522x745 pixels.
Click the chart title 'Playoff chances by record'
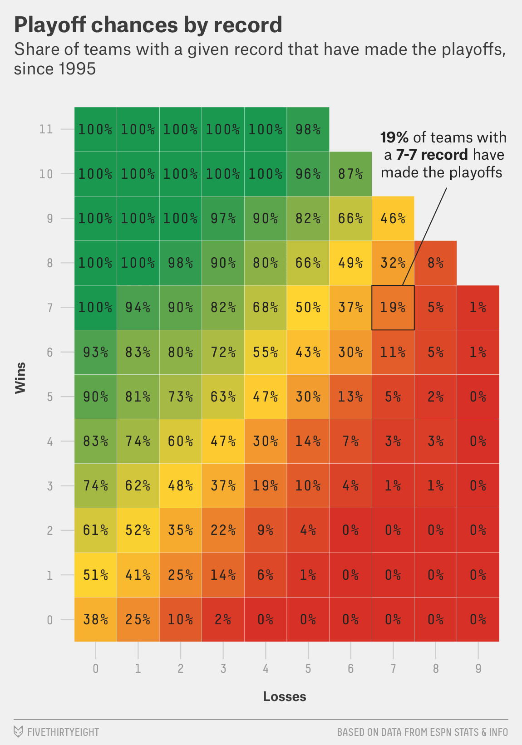click(x=148, y=25)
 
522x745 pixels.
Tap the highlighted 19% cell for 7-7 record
click(x=393, y=308)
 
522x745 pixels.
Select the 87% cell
click(x=350, y=174)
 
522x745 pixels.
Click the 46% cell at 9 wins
click(x=393, y=218)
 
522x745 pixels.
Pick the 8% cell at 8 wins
click(x=435, y=263)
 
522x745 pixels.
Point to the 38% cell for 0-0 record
click(x=95, y=619)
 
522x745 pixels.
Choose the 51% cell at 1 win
click(x=95, y=575)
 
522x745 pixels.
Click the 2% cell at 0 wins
click(x=223, y=619)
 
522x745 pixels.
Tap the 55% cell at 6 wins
click(x=266, y=352)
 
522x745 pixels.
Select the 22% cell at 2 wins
click(x=223, y=530)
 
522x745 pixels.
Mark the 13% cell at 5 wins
click(x=350, y=397)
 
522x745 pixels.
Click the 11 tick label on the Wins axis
click(x=46, y=129)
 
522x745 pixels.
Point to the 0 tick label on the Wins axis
click(x=49, y=620)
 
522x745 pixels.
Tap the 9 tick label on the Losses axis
click(x=478, y=669)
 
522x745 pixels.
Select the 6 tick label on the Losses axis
click(x=350, y=669)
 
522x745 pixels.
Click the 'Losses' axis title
click(x=285, y=696)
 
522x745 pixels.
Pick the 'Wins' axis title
click(x=20, y=377)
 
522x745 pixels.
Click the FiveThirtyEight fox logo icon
click(x=18, y=732)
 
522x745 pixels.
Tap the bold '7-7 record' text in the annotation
click(x=431, y=155)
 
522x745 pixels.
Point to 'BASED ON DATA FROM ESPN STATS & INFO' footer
click(x=422, y=732)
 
